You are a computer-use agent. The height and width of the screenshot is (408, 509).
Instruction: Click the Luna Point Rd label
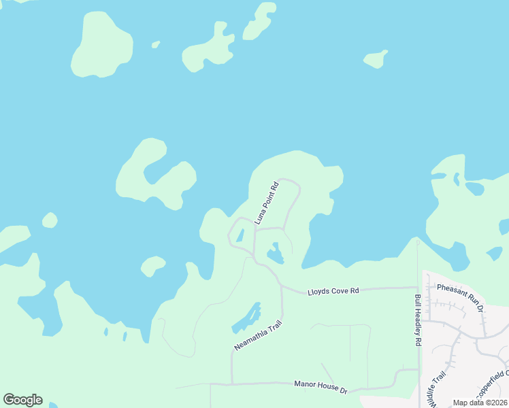267,203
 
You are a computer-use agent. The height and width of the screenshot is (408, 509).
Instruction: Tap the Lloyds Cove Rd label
333,291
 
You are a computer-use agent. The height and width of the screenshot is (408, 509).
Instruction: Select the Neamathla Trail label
257,335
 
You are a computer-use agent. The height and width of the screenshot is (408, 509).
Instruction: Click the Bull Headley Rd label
418,320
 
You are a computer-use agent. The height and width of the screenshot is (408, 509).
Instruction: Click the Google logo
22,400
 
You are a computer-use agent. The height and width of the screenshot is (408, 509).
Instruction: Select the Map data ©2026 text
480,403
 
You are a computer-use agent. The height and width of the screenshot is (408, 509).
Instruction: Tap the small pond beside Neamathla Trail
248,318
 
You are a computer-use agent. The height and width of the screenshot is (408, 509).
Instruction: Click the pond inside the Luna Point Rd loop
275,254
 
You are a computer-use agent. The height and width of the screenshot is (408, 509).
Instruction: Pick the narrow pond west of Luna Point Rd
240,235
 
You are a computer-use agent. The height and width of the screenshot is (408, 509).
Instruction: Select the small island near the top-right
375,60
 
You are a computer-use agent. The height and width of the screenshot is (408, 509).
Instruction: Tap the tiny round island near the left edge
50,220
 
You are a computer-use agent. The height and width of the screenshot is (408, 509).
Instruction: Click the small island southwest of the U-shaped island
152,265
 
